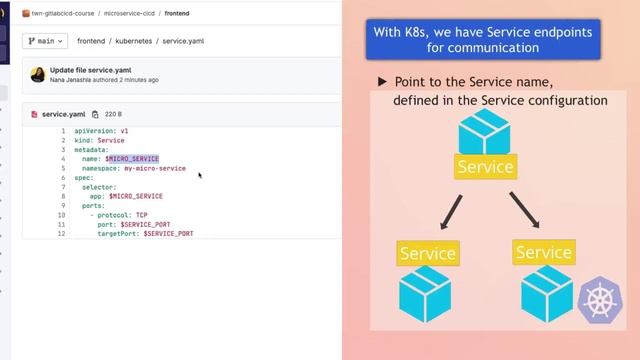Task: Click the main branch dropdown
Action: pyautogui.click(x=45, y=41)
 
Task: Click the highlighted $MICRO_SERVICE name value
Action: pyautogui.click(x=133, y=159)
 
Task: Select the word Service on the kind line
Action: pyautogui.click(x=111, y=140)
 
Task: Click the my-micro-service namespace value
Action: pyautogui.click(x=148, y=168)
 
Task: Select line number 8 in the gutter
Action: pyautogui.click(x=62, y=196)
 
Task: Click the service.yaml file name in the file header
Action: pyautogui.click(x=63, y=114)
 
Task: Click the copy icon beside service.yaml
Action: pyautogui.click(x=95, y=114)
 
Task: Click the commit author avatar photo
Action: pyautogui.click(x=38, y=75)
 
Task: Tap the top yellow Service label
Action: pyautogui.click(x=485, y=167)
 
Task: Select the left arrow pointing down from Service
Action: pyautogui.click(x=450, y=209)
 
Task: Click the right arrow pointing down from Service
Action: pyautogui.click(x=523, y=209)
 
